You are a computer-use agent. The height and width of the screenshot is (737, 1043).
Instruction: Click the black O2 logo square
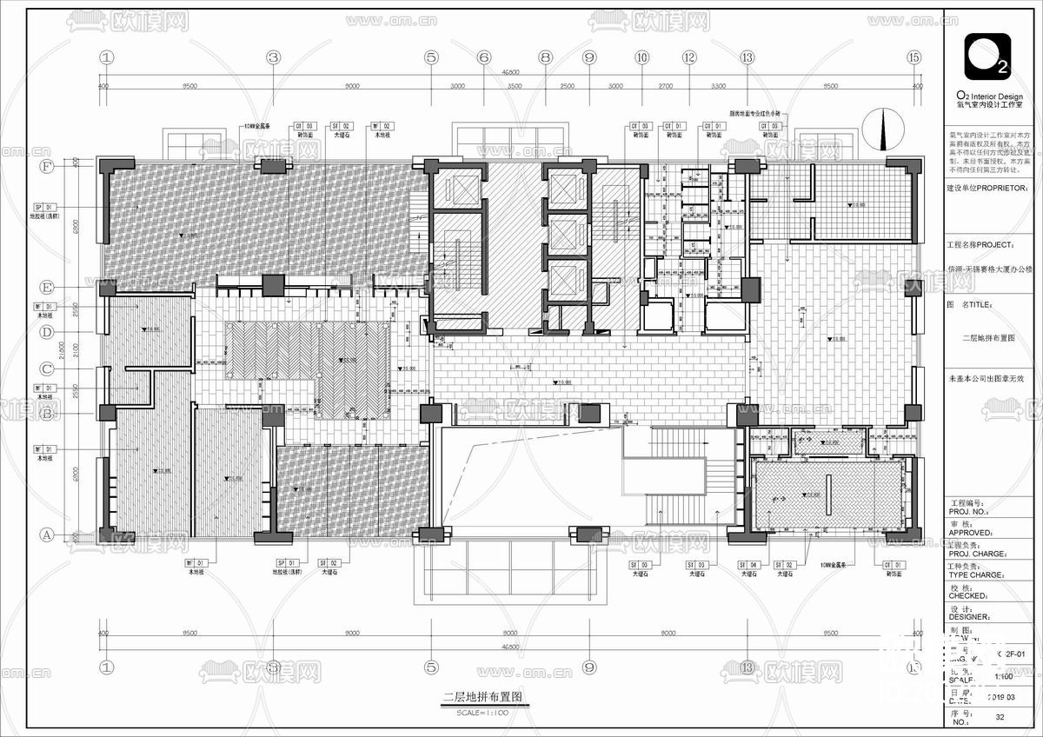pos(987,56)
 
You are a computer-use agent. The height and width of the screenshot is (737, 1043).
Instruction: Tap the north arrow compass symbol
pos(884,129)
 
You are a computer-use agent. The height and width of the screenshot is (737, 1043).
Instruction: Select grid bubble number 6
pos(484,57)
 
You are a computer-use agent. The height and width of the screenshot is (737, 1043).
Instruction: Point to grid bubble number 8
pos(546,57)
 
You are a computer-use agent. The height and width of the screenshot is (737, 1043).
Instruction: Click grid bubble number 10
pos(641,57)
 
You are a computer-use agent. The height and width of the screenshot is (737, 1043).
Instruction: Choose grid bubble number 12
pos(689,57)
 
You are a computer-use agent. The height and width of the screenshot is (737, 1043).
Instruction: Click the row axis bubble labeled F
pos(47,166)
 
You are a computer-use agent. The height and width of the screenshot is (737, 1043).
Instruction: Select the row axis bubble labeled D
pos(47,331)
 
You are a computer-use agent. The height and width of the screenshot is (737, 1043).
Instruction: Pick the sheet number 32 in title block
pos(1000,717)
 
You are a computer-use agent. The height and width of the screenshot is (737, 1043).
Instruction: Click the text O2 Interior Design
pos(989,96)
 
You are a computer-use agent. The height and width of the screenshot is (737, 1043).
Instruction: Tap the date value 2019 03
pos(1000,697)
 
